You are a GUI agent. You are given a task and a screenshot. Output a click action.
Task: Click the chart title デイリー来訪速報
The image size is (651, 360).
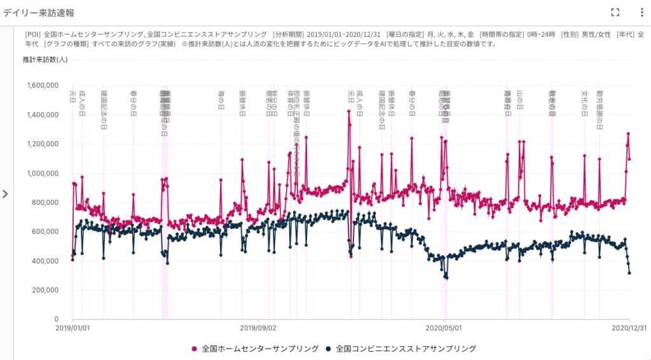click(x=40, y=12)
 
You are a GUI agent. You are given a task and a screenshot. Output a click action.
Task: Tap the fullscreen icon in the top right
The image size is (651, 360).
click(x=615, y=12)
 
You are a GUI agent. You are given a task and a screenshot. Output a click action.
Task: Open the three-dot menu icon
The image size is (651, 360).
click(x=641, y=12)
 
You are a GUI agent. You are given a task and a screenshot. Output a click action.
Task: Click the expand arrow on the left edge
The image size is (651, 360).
click(x=6, y=194)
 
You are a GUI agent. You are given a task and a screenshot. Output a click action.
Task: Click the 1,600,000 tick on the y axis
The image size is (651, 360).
click(x=41, y=85)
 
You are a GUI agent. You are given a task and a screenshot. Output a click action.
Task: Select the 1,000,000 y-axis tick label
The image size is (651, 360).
click(x=41, y=173)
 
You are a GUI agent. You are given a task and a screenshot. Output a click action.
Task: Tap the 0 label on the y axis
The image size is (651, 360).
click(x=57, y=319)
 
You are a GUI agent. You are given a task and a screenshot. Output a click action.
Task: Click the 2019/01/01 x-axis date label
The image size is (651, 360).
click(x=72, y=328)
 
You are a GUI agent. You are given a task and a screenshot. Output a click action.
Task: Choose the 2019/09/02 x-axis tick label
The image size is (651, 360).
click(x=257, y=328)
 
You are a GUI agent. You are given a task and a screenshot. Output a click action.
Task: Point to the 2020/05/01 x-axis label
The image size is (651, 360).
click(x=443, y=328)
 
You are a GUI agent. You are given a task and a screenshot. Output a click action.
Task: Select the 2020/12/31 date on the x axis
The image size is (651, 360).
click(x=629, y=328)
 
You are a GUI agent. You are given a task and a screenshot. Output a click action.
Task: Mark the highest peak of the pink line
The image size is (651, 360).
click(x=348, y=111)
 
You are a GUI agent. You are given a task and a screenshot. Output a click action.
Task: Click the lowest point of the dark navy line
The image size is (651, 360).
click(x=446, y=278)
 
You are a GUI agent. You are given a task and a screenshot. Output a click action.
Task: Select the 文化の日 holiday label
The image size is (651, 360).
click(x=584, y=102)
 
